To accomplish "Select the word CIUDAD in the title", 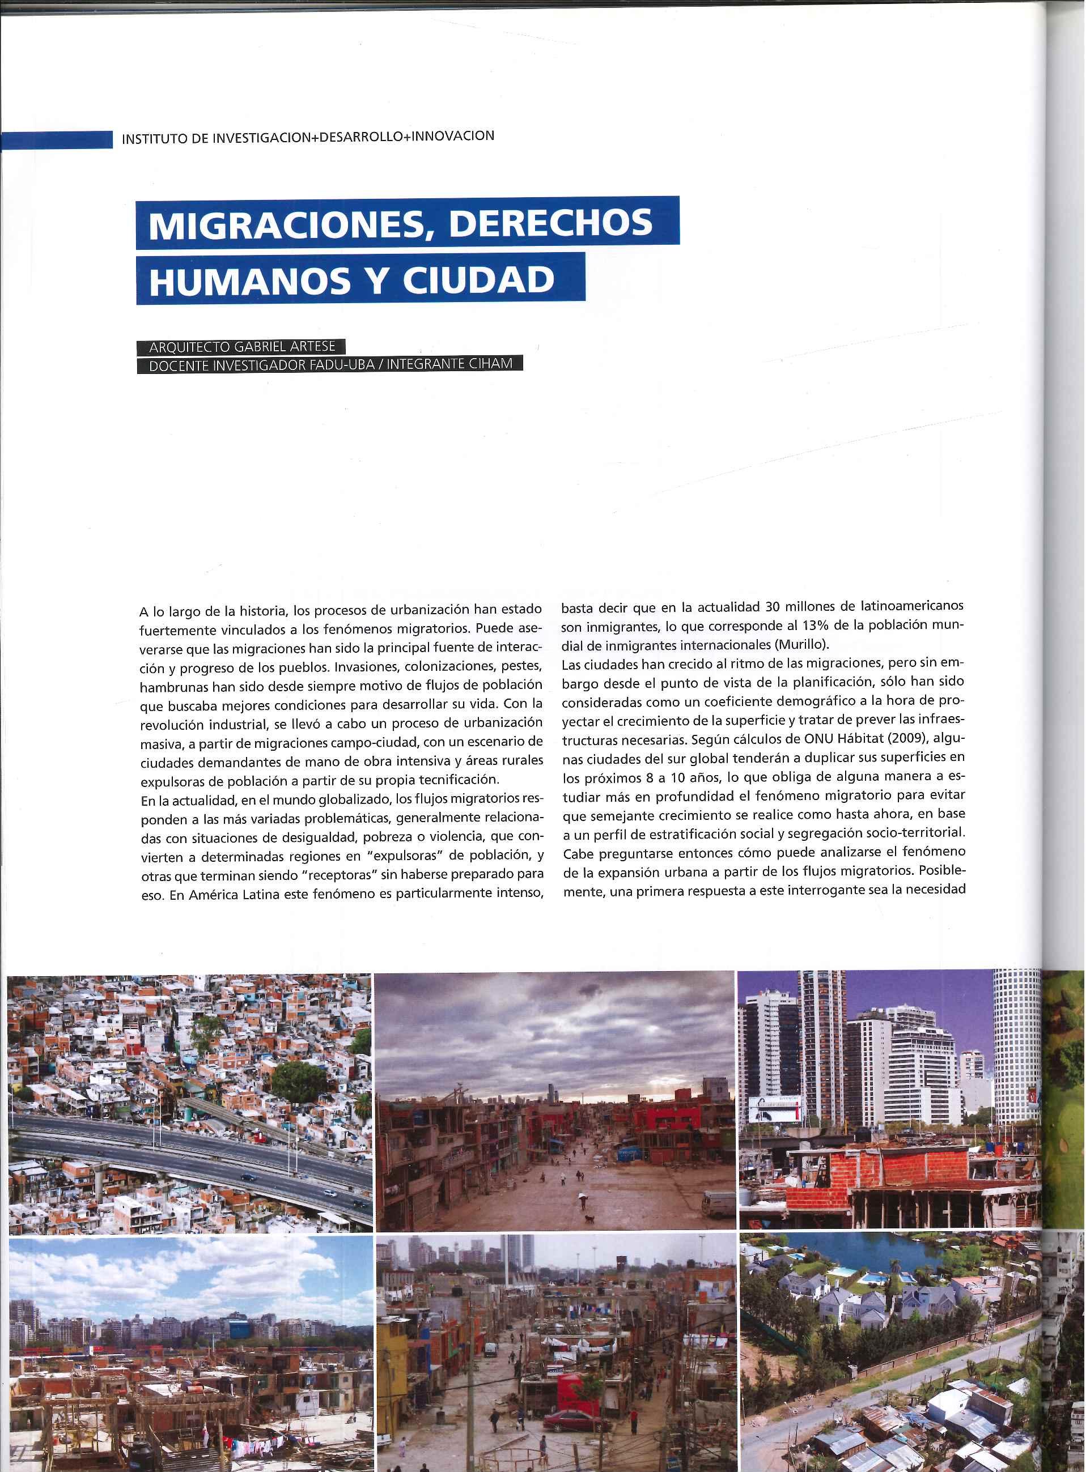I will pos(478,280).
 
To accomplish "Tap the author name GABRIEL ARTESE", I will pos(281,347).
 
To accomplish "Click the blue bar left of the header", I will pos(57,140).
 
